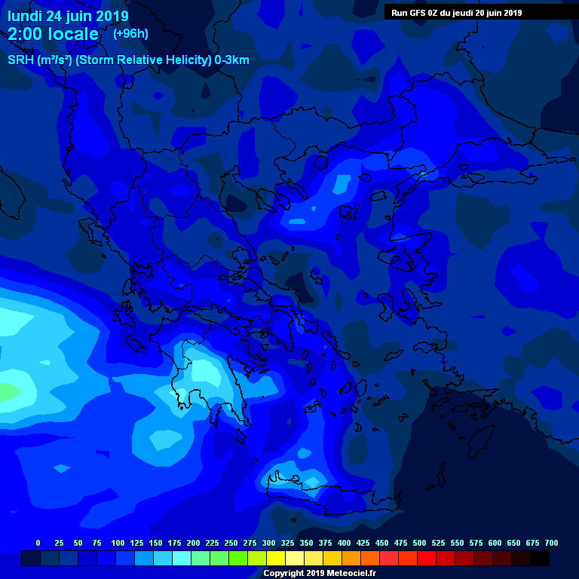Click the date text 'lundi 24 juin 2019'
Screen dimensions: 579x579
pos(68,16)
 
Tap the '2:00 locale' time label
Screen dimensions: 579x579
pos(53,34)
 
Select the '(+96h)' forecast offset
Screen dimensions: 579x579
pos(130,33)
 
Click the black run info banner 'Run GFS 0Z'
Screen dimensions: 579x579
pos(456,12)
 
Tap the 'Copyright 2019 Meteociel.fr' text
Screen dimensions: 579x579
pos(319,573)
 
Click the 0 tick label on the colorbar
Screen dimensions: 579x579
pos(38,543)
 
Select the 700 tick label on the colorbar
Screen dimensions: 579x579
pos(551,543)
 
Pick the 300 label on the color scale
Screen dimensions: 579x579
pos(268,543)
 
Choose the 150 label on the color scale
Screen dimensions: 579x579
pos(155,543)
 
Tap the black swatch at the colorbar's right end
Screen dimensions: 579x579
pos(540,558)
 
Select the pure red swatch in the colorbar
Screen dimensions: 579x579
pos(427,558)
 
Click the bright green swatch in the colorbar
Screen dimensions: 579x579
pos(238,558)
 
